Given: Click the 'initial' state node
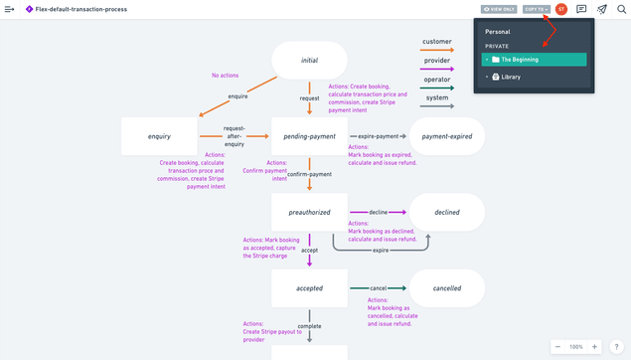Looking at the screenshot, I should pyautogui.click(x=309, y=60).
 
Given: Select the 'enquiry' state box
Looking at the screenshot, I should pyautogui.click(x=159, y=136).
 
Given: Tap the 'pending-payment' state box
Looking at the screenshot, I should pyautogui.click(x=309, y=136).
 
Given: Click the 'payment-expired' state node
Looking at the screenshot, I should pyautogui.click(x=446, y=136).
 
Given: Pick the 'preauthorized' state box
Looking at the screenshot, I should pyautogui.click(x=309, y=212).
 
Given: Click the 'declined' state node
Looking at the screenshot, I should pyautogui.click(x=446, y=212).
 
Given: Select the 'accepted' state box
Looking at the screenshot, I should pyautogui.click(x=309, y=288).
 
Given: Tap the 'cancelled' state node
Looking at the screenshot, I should pyautogui.click(x=446, y=288).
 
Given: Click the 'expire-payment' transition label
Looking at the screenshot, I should pyautogui.click(x=379, y=136).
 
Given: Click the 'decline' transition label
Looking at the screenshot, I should pyautogui.click(x=378, y=212).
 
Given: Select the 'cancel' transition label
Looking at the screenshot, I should pyautogui.click(x=378, y=288).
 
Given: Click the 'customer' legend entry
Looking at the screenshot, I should pyautogui.click(x=436, y=42).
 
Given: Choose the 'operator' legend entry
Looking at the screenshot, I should pyautogui.click(x=436, y=79).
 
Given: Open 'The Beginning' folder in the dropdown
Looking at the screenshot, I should pyautogui.click(x=520, y=60).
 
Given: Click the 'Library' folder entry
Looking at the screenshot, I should pyautogui.click(x=511, y=77).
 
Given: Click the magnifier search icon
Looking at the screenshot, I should pyautogui.click(x=621, y=9).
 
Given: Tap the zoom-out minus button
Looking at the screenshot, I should pyautogui.click(x=557, y=347).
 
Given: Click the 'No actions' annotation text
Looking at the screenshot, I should pyautogui.click(x=225, y=76).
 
